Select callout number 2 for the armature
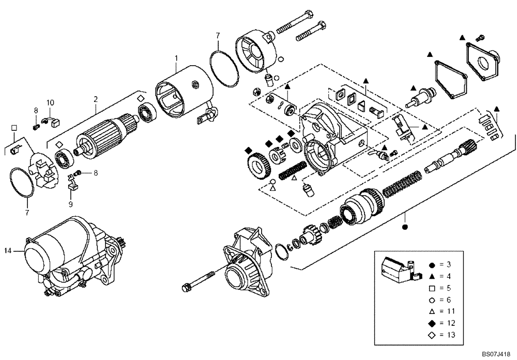(x=95, y=98)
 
